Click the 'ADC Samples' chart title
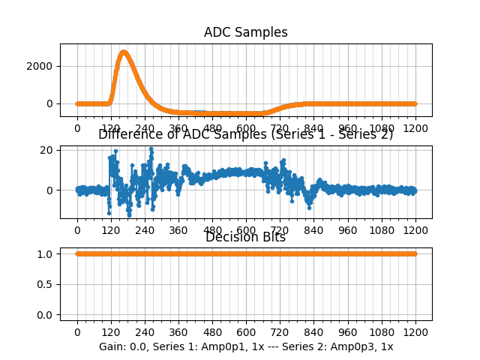pos(245,32)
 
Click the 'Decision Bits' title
pos(245,238)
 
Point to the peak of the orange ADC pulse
pos(124,52)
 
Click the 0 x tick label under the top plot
pos(77,127)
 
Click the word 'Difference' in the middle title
pos(130,134)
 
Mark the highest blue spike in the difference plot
pos(151,148)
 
